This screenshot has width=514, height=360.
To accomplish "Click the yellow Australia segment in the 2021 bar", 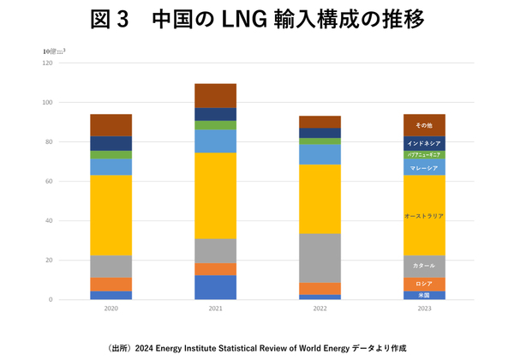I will click(x=216, y=195).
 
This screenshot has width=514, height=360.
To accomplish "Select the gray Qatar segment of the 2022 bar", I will click(x=320, y=258).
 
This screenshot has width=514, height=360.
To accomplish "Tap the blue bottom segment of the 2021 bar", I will click(x=216, y=287).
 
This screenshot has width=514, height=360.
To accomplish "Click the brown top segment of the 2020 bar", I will click(x=111, y=125).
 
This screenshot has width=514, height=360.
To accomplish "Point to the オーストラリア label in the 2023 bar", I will click(x=424, y=217).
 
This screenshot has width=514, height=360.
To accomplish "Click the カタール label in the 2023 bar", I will click(x=424, y=266).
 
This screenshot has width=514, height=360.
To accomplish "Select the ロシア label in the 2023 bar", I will click(x=424, y=284).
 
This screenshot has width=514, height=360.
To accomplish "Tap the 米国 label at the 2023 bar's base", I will click(x=424, y=295).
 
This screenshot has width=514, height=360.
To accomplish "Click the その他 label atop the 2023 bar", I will click(x=424, y=126).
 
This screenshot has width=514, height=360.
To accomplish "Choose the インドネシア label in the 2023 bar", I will click(x=424, y=143).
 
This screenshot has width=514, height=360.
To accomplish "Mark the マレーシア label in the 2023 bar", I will click(x=424, y=168).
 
